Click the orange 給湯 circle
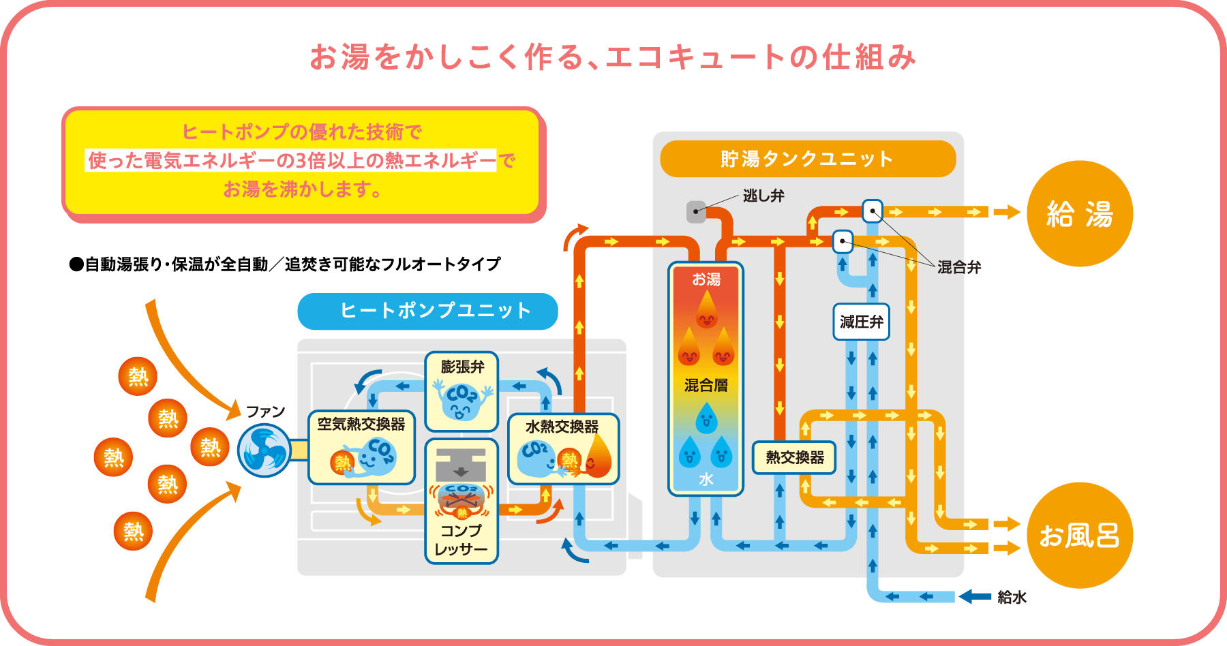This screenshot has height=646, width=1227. [x=1079, y=213]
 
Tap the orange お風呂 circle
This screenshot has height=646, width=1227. [x=1079, y=535]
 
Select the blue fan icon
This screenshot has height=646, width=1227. [x=264, y=450]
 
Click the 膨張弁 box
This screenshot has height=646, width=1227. [x=461, y=391]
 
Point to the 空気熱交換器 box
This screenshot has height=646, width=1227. [x=361, y=447]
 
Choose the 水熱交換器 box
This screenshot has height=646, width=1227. [x=563, y=448]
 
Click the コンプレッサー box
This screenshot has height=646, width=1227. [x=461, y=502]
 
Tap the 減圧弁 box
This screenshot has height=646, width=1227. [x=861, y=322]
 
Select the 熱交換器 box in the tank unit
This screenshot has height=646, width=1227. [x=794, y=457]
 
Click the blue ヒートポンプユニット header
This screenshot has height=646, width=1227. [x=427, y=311]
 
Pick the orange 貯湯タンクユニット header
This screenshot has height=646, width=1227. [x=808, y=159]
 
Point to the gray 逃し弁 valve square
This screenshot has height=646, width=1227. [x=696, y=212]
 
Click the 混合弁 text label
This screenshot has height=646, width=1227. [x=959, y=267]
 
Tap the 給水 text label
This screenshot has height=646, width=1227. [x=1012, y=597]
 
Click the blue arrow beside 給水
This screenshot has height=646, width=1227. [x=975, y=597]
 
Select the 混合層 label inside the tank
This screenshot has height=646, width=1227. [x=706, y=386]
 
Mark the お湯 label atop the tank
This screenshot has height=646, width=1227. [x=706, y=279]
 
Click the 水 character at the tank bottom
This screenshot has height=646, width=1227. [x=706, y=479]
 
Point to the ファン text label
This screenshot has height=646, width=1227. [x=265, y=412]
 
